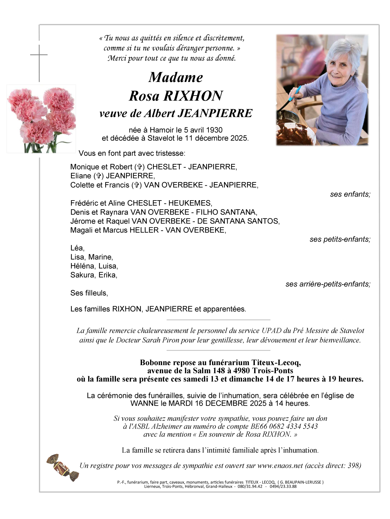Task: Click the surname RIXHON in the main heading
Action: tap(193, 96)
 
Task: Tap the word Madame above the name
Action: tap(176, 77)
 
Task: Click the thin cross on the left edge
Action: tap(39, 62)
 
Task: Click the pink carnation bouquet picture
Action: tap(41, 119)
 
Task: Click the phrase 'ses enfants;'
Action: tap(350, 194)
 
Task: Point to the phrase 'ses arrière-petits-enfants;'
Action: tap(328, 284)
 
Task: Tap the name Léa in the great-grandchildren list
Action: tap(77, 248)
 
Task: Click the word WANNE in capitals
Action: tap(144, 403)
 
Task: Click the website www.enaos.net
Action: tap(280, 466)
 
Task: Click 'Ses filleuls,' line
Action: tap(89, 293)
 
